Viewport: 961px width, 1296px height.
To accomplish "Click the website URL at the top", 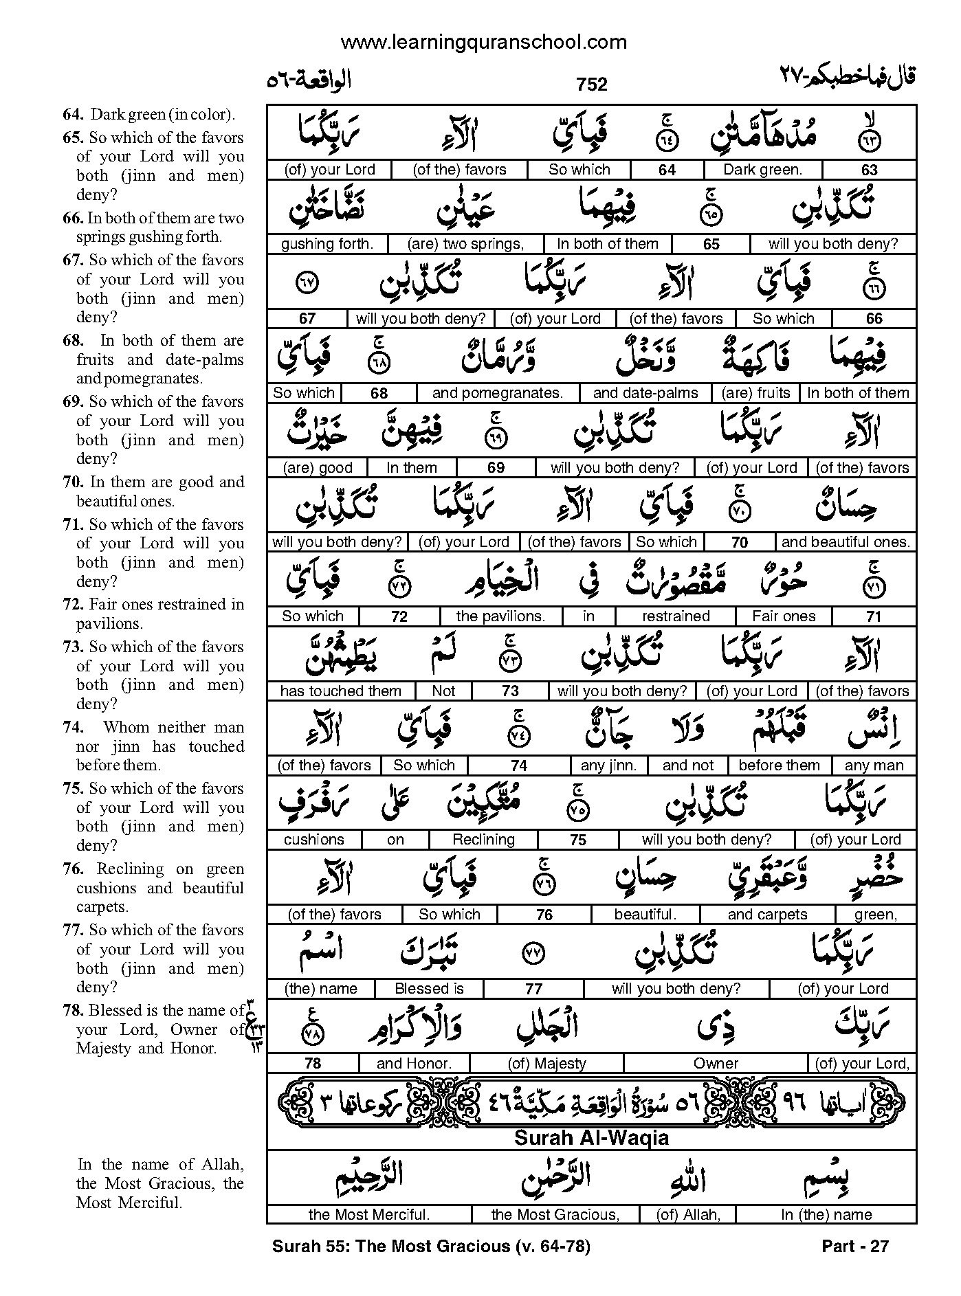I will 483,43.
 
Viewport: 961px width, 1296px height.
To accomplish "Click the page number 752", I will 592,85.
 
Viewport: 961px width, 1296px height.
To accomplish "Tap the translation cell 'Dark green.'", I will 762,170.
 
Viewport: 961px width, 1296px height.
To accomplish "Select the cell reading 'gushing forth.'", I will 327,244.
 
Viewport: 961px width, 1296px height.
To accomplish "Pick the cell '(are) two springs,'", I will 465,244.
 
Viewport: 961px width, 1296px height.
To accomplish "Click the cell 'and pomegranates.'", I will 497,393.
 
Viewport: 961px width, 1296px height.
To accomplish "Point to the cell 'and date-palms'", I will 645,393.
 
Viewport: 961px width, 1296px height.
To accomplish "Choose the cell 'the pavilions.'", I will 500,616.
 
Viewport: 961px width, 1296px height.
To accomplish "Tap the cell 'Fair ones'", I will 784,616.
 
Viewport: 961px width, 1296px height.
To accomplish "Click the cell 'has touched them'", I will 340,691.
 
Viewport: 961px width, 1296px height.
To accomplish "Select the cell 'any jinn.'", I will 608,766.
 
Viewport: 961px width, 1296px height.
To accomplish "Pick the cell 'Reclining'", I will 483,840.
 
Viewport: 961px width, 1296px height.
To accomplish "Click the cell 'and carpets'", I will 767,915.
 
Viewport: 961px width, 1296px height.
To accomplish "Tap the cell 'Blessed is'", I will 429,989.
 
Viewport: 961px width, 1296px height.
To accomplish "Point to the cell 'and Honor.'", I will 414,1064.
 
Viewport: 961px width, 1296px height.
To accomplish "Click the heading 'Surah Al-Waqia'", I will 591,1138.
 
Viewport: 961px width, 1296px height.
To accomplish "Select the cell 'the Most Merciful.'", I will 369,1215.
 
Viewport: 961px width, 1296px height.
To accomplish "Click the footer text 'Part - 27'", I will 855,1246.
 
